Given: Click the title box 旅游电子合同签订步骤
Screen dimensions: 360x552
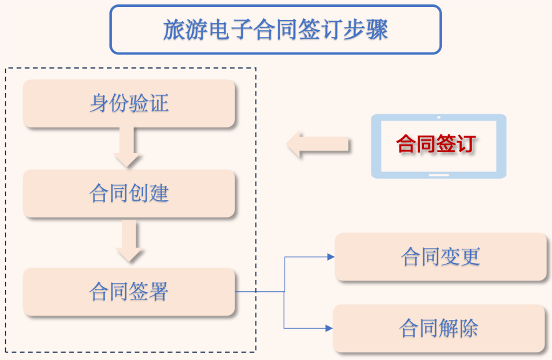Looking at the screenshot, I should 275,29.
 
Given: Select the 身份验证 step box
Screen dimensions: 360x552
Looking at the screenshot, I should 129,103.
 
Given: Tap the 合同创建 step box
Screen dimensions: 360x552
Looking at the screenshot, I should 129,193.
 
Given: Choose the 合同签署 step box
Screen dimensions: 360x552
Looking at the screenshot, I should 129,291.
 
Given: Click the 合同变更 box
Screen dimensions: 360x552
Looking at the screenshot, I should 441,257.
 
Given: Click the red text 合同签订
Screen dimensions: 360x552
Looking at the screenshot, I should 436,144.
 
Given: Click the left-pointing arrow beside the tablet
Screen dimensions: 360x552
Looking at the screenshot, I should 317,144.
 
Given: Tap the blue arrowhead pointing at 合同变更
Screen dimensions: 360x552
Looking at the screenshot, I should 331,257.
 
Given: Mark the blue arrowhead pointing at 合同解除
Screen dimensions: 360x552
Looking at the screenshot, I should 329,328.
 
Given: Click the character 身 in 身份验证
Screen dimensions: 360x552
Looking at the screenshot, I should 99,103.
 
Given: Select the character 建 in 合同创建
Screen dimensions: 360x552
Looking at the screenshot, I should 159,193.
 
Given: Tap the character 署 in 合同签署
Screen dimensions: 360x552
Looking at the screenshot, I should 159,291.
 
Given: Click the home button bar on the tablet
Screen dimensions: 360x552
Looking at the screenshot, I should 439,174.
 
